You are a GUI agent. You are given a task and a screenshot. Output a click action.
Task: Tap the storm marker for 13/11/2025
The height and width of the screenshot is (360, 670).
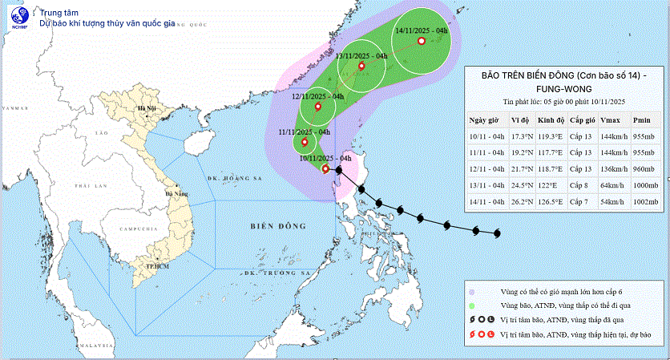point(361,67)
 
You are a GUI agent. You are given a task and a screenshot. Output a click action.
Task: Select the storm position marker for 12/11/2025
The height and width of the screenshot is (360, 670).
point(318,107)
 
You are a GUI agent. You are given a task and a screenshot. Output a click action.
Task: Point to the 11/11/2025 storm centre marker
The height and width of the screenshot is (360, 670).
point(305,143)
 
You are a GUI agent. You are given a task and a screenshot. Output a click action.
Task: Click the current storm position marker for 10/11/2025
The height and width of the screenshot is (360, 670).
point(325,168)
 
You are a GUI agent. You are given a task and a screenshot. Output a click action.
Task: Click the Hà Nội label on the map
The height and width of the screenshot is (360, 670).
point(146,107)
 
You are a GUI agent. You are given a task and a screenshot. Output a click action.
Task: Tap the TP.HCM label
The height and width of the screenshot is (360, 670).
point(146,265)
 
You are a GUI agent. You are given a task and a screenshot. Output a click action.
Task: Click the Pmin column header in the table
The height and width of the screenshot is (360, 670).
point(641,120)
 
